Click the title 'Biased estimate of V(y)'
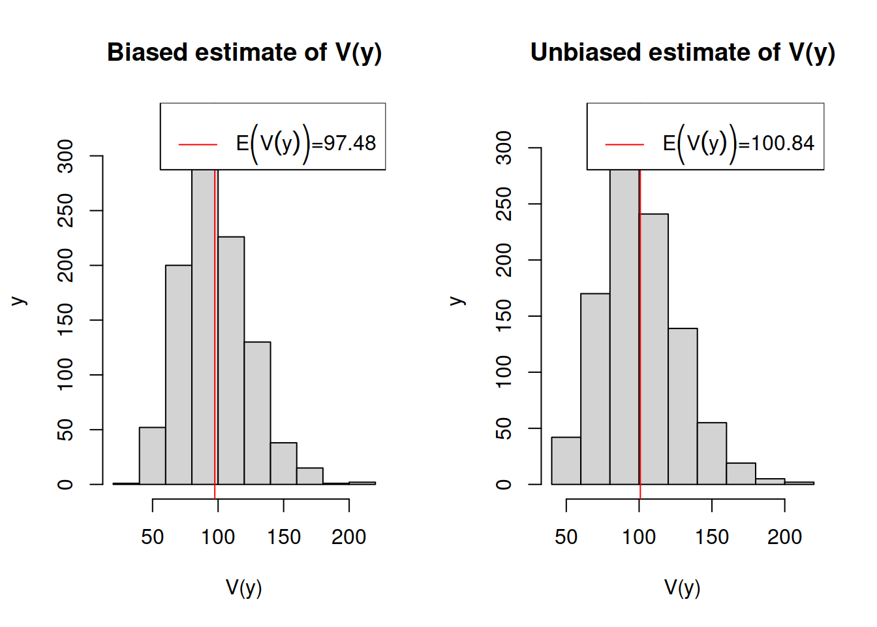(x=244, y=52)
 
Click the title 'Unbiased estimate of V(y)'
(x=683, y=52)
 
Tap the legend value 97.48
(x=350, y=143)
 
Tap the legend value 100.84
(x=782, y=143)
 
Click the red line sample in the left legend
(x=198, y=144)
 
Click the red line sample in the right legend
(x=624, y=144)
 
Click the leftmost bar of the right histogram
(x=566, y=460)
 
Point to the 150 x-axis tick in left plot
(x=284, y=537)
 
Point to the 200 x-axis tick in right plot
(x=784, y=537)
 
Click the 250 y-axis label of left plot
(x=65, y=210)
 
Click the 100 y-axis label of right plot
(x=504, y=372)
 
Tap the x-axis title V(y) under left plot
(x=244, y=588)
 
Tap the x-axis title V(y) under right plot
(x=683, y=588)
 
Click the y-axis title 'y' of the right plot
(x=457, y=301)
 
